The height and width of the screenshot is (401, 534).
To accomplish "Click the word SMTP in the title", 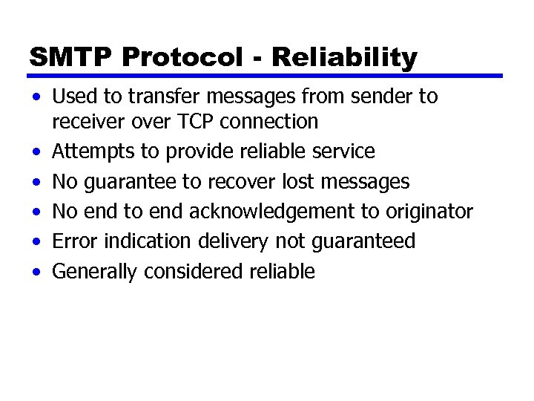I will pos(65,56).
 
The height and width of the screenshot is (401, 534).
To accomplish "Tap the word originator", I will pos(428,212).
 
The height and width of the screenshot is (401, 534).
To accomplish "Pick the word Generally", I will pos(95,272).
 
